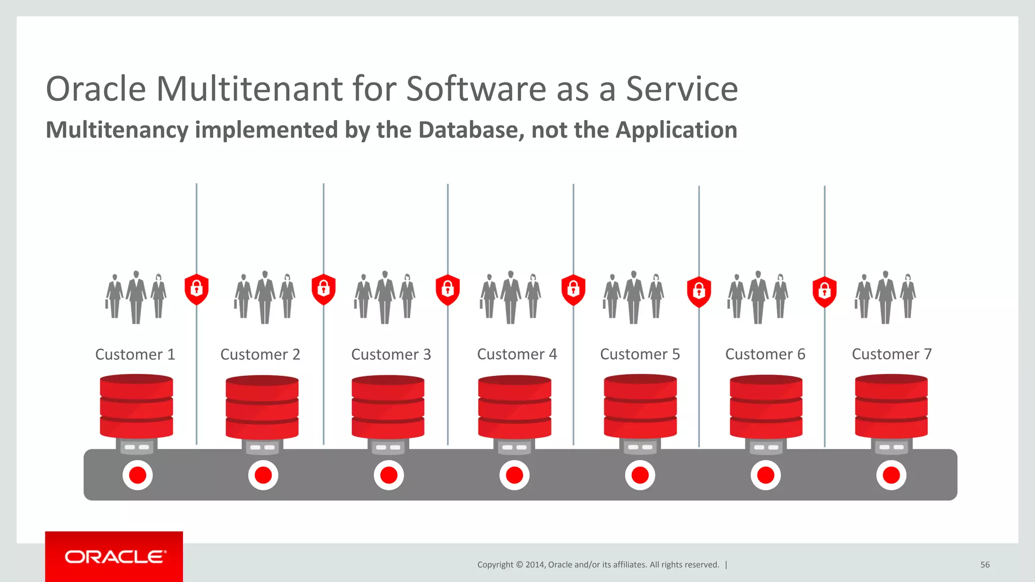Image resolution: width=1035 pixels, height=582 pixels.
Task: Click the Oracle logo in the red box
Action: point(115,557)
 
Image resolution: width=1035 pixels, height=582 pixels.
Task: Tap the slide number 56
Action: point(984,565)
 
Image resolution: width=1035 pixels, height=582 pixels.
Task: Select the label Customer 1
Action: point(135,354)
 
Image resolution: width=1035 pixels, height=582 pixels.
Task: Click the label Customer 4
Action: point(516,354)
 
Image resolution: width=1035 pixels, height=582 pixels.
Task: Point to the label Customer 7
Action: point(891,354)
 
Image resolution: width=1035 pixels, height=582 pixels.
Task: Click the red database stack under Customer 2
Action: point(262,407)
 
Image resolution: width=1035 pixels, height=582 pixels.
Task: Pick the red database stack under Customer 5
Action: point(640,406)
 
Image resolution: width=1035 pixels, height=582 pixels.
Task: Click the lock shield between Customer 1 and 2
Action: point(197,289)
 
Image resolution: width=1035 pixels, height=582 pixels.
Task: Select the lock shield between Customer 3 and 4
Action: point(448,290)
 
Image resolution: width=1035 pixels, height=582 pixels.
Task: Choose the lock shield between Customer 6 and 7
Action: point(824,292)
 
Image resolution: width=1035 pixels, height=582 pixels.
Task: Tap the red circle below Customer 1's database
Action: point(137,475)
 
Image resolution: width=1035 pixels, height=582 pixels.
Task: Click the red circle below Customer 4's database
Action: point(514,475)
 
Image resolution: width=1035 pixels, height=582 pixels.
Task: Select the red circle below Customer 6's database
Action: point(765,475)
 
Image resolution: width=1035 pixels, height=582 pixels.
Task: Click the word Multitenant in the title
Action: point(250,89)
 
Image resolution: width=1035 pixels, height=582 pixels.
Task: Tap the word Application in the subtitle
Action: point(676,130)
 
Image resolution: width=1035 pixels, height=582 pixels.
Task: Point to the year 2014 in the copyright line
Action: point(535,565)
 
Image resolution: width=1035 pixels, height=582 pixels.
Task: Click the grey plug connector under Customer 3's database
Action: point(388,447)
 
